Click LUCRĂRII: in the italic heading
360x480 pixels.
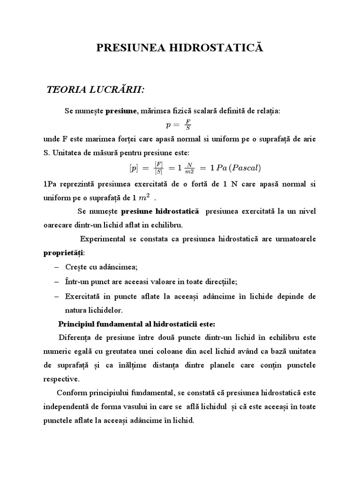coord(112,90)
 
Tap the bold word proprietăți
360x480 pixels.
coord(63,253)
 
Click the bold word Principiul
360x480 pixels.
coord(77,324)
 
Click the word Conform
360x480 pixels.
coord(70,393)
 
